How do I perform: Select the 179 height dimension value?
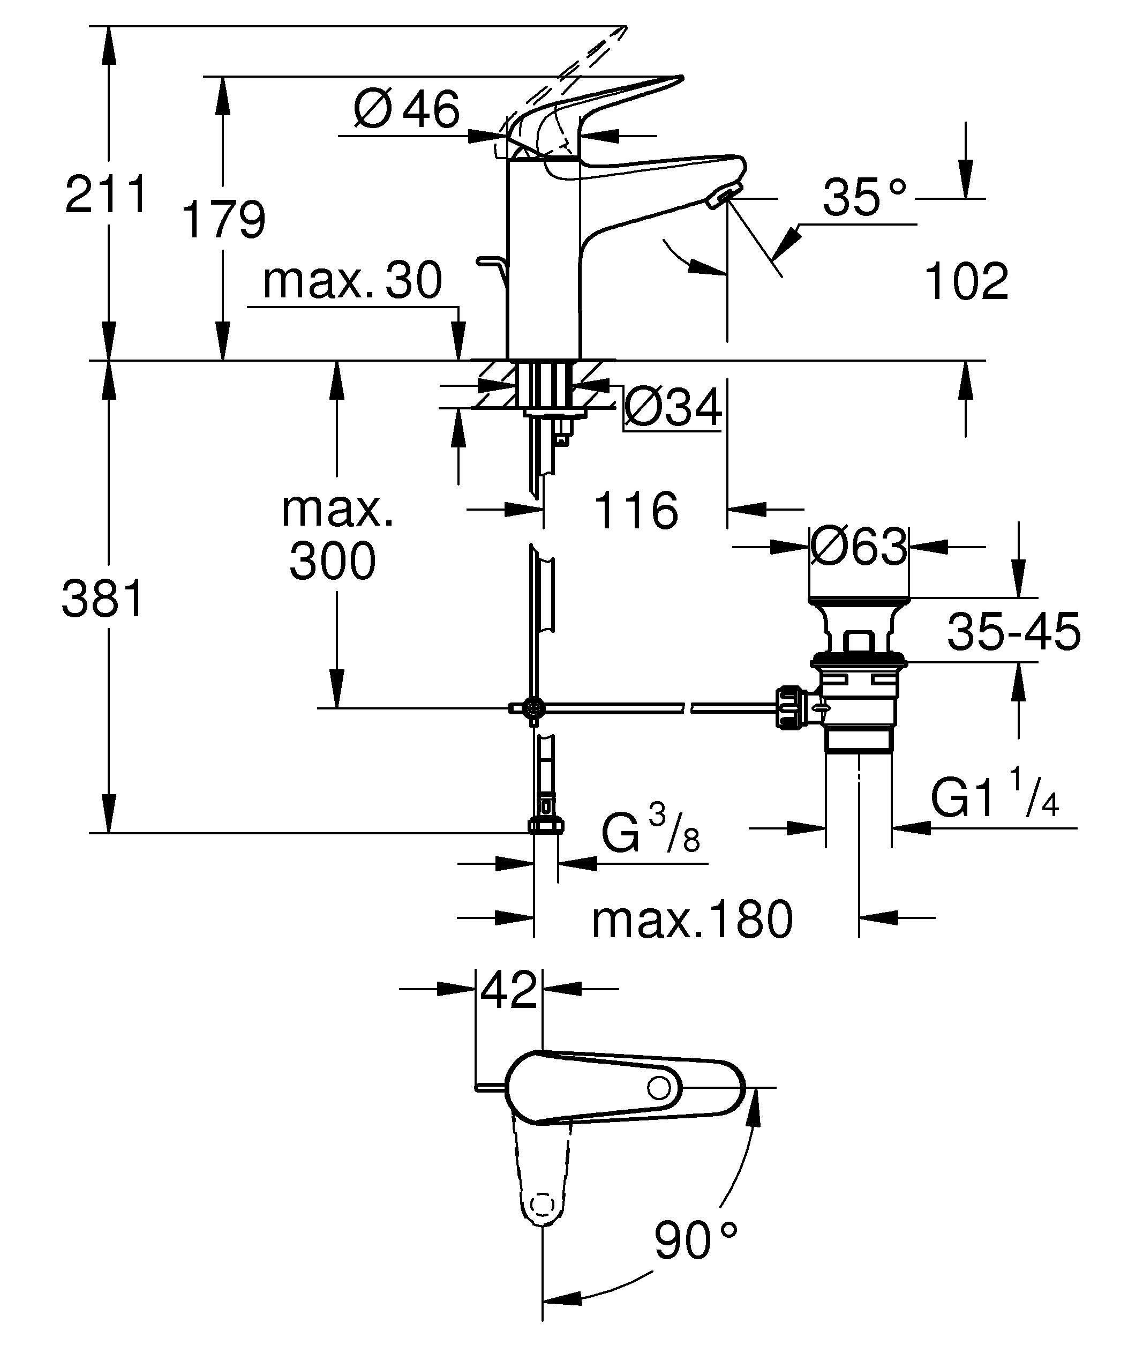[223, 220]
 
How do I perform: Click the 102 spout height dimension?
[966, 281]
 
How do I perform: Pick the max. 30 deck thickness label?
[352, 280]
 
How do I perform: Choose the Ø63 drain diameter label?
[858, 547]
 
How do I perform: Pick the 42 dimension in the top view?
[509, 990]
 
